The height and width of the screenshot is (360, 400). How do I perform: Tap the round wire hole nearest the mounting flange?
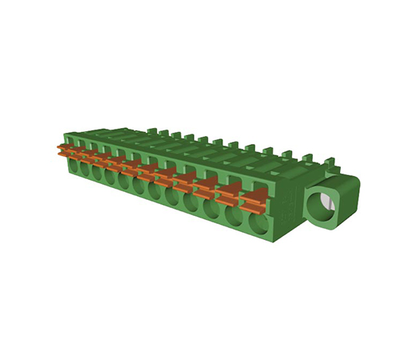pyautogui.click(x=258, y=222)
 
